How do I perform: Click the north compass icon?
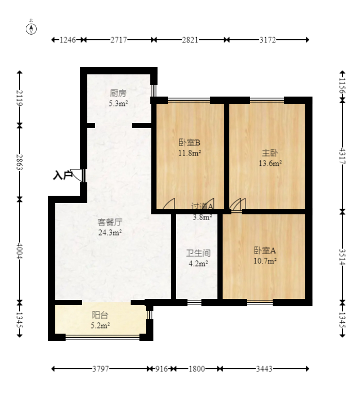pos(32,28)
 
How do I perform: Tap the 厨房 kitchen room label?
pos(118,93)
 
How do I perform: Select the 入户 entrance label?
pos(62,176)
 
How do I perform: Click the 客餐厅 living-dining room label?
pos(109,223)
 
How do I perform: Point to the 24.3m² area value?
pos(109,232)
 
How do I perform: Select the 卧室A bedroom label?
pos(264,250)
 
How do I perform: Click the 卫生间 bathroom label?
pos(198,254)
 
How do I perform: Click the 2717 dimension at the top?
pos(119,40)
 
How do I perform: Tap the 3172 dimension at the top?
pos(267,40)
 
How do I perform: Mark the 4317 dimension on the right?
pos(341,155)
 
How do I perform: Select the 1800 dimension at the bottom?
pos(196,369)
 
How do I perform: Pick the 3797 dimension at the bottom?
pos(101,369)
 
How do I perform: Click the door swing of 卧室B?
pos(170,205)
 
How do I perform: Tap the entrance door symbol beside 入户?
pos(77,175)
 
